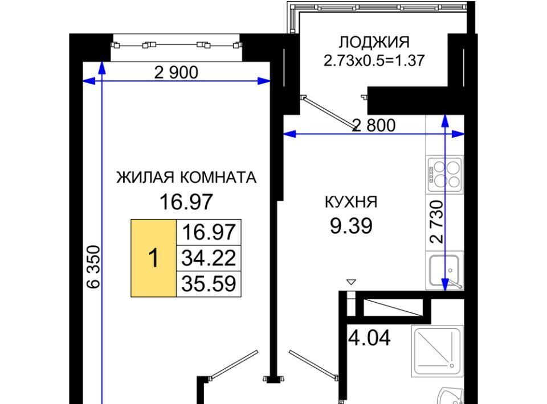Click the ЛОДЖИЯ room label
click(374, 43)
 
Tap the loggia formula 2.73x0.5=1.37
click(374, 60)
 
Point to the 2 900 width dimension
click(176, 72)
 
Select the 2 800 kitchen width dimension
click(374, 125)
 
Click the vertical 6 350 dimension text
click(93, 267)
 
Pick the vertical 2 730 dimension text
click(437, 221)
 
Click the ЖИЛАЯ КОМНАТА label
click(186, 178)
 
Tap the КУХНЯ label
click(351, 202)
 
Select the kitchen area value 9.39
click(351, 226)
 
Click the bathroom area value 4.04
click(370, 337)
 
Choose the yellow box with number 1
click(153, 258)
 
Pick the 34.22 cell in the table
click(209, 258)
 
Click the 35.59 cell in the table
click(209, 283)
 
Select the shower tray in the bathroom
click(438, 351)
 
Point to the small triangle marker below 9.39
click(351, 282)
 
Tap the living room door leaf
click(234, 364)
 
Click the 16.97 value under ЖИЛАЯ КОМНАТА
click(186, 202)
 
